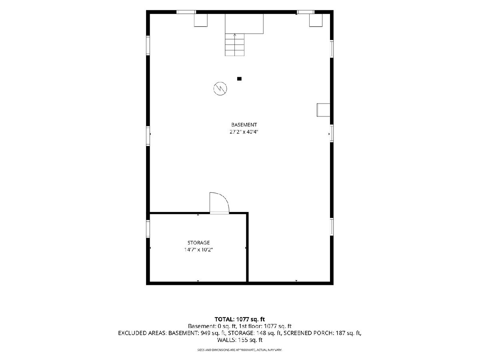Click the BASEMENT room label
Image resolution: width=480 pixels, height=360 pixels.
(x=244, y=124)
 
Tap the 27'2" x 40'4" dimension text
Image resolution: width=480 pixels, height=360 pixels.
(x=244, y=132)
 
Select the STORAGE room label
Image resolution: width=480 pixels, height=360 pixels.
(x=198, y=242)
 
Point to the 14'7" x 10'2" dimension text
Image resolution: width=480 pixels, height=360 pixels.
(x=198, y=250)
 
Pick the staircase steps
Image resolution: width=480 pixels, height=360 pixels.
(x=235, y=44)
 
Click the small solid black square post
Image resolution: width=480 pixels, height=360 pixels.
(x=239, y=79)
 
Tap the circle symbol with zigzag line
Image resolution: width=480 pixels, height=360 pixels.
(x=220, y=88)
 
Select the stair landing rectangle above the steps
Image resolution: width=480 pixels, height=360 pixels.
(x=244, y=24)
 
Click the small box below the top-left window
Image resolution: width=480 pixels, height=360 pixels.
(x=201, y=20)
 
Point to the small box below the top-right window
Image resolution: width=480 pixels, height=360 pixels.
(x=316, y=20)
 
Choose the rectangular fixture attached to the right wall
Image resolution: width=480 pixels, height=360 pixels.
(x=323, y=110)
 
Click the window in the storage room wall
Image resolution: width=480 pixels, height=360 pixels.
(x=148, y=229)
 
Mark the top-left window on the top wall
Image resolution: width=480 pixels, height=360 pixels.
(x=186, y=12)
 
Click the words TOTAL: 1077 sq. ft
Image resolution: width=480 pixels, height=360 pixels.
(x=240, y=319)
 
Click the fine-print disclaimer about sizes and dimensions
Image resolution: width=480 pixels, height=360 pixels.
(x=240, y=350)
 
